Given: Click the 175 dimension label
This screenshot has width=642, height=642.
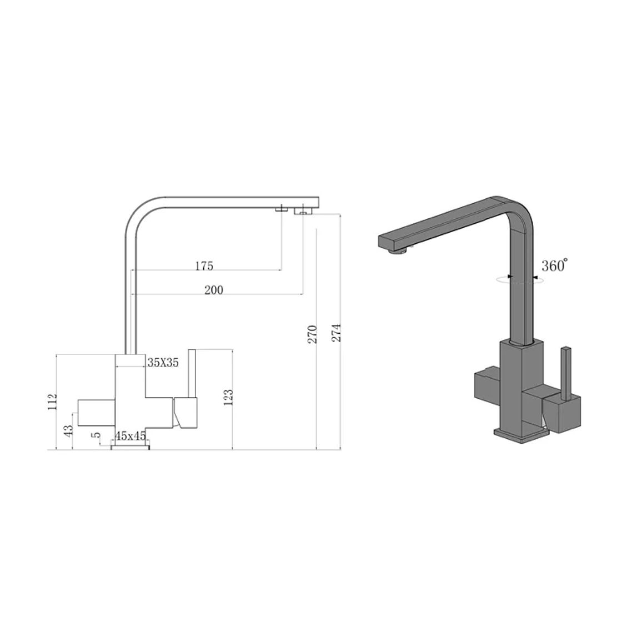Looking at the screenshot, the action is pos(204,266).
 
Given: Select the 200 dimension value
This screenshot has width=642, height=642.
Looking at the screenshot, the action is pos(214,290).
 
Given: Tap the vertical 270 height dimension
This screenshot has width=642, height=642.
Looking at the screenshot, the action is pos(313,334).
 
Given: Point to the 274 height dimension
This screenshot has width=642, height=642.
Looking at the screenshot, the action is pos(336,333).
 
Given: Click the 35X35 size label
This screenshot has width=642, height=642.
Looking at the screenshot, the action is pos(163,362).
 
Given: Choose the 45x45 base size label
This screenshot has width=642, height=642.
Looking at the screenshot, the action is pos(131,436).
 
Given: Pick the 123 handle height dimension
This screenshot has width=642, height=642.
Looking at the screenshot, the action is pos(228,397).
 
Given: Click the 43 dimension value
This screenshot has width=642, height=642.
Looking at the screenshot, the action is pos(68,430).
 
